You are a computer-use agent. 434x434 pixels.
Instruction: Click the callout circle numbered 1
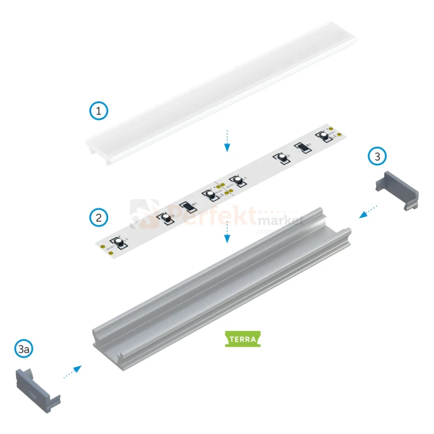click(x=99, y=110)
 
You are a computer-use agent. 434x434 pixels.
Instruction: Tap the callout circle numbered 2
click(x=99, y=218)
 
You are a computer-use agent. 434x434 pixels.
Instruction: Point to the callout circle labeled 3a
click(x=24, y=350)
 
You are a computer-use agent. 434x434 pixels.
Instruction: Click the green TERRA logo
click(x=242, y=339)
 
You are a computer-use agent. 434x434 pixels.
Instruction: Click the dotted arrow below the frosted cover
click(x=227, y=140)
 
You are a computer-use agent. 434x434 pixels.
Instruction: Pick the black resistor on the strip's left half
click(x=187, y=206)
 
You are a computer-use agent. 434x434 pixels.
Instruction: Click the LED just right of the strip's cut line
click(x=234, y=181)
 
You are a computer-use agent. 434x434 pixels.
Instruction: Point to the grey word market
click(x=281, y=220)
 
